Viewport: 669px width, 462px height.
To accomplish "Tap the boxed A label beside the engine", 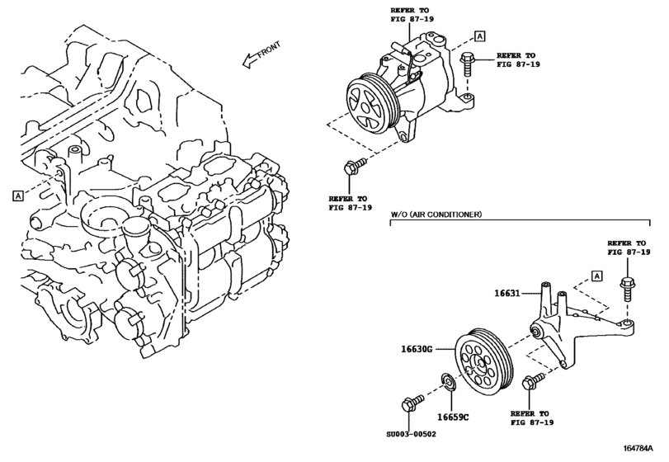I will point(17,196).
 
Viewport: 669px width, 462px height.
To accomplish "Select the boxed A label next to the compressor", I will point(479,36).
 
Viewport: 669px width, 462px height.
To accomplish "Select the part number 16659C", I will point(455,417).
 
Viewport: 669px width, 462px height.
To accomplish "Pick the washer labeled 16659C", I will point(448,383).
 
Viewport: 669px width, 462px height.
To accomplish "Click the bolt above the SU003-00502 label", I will point(407,405).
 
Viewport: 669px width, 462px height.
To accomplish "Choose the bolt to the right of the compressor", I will point(467,62).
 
